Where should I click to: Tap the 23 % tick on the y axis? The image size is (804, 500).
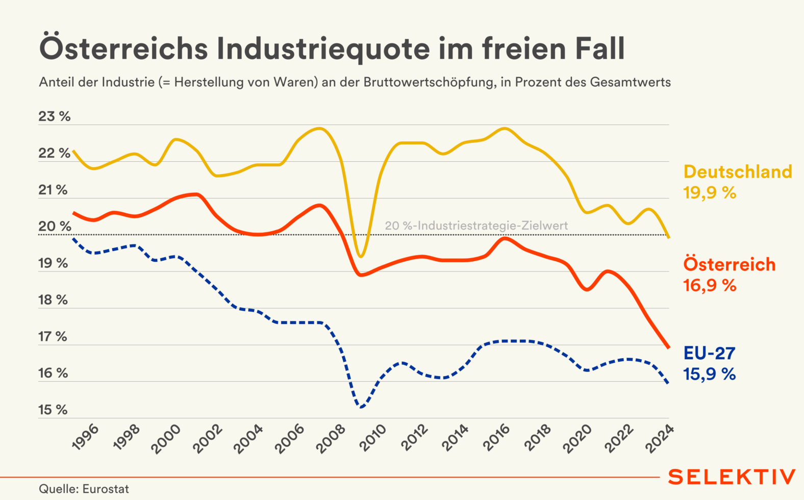(55, 116)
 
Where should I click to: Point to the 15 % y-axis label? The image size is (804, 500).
(53, 410)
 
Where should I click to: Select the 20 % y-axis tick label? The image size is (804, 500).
(55, 227)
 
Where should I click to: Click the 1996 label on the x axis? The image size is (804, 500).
(86, 437)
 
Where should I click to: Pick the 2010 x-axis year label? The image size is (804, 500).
(373, 438)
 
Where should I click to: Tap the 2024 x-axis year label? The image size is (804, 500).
(660, 438)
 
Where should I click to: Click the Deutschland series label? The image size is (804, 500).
(738, 172)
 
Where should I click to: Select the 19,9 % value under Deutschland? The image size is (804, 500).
(710, 193)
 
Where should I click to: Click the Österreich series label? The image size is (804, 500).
(730, 264)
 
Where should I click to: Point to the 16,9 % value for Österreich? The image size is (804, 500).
(710, 285)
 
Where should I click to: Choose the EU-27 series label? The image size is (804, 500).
(709, 353)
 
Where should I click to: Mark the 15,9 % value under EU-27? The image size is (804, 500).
(710, 374)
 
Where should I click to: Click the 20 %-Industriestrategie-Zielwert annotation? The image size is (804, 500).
(476, 226)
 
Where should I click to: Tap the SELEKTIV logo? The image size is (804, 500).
(732, 477)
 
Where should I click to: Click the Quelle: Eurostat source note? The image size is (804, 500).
(84, 489)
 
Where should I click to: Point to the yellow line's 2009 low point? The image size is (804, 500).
(361, 256)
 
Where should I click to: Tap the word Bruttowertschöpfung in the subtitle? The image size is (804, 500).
(429, 82)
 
